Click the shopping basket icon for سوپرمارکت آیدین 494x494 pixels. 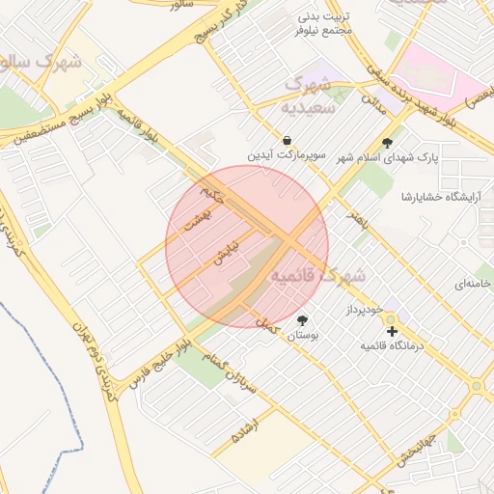288,139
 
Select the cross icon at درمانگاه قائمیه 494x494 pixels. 392,331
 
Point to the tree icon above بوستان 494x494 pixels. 303,320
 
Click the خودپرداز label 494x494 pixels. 365,309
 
